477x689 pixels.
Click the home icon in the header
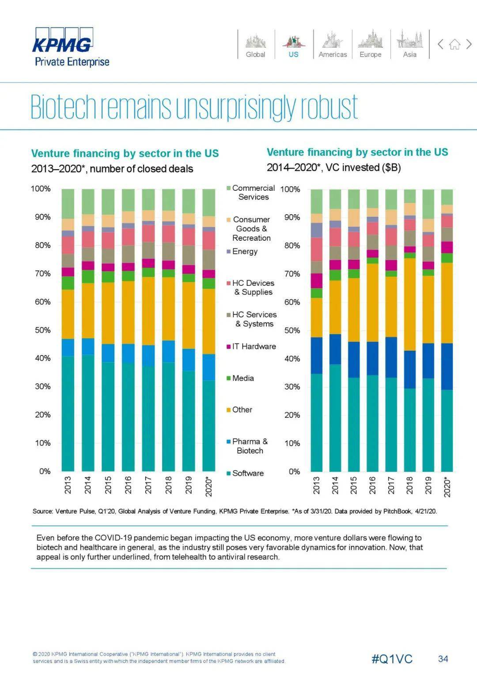454,44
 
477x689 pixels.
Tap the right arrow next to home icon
469,44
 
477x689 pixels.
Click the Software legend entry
247,473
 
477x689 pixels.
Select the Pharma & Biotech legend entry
249,446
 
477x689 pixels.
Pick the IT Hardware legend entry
254,346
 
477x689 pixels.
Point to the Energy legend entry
244,251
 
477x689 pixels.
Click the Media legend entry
242,378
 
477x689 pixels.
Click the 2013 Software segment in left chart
68,413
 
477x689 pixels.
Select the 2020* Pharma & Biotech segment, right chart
447,366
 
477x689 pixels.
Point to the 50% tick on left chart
43,330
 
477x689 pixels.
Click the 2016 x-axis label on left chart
129,485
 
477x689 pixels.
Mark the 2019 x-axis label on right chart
428,485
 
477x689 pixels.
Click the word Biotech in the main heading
63,107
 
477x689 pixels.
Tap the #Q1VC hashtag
392,659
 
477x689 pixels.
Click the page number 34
443,659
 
